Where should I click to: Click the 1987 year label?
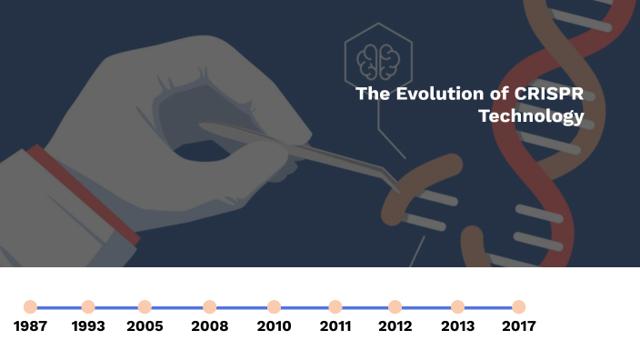point(31,326)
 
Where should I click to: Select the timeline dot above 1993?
point(88,307)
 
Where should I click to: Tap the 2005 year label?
point(145,326)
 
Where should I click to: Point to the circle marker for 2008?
point(209,307)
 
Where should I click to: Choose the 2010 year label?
point(274,326)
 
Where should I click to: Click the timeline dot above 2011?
point(335,307)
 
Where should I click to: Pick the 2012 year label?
point(395,326)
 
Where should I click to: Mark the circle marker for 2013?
point(457,307)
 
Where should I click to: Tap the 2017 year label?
point(518,326)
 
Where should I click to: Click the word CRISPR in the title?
point(550,94)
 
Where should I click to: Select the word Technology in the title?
point(531,116)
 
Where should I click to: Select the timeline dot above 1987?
point(31,307)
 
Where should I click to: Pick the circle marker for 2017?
point(518,307)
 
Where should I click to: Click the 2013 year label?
point(457,326)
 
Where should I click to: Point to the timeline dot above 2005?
point(145,307)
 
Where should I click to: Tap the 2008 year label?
point(209,326)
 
